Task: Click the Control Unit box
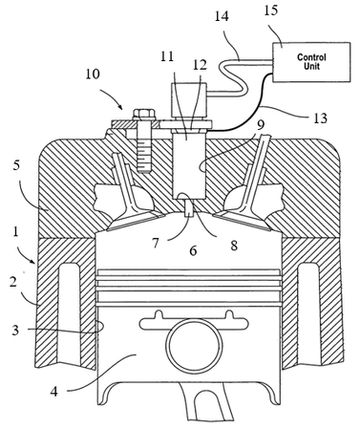(x=311, y=62)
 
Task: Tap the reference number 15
(x=270, y=10)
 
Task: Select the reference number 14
(x=222, y=16)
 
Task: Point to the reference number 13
(x=320, y=118)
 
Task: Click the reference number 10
(x=92, y=74)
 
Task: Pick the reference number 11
(x=167, y=56)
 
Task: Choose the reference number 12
(x=200, y=65)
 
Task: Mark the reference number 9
(x=261, y=125)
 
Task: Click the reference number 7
(x=156, y=244)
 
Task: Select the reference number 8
(x=234, y=246)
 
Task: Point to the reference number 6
(x=193, y=250)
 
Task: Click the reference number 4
(x=54, y=391)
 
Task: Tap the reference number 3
(x=15, y=331)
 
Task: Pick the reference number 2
(x=12, y=282)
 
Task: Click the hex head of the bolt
(x=144, y=115)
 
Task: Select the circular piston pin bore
(x=194, y=346)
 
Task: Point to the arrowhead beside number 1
(x=33, y=261)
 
